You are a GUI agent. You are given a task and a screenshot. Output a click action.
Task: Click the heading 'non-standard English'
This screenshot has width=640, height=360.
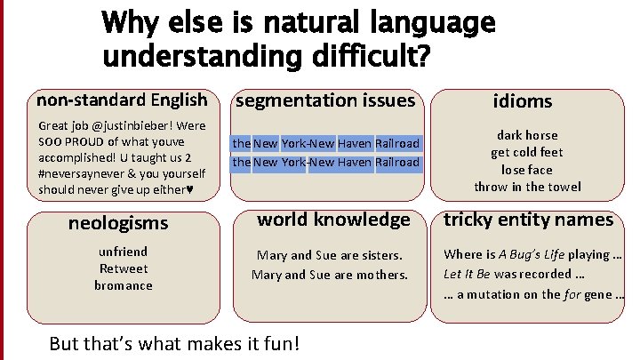coord(123,100)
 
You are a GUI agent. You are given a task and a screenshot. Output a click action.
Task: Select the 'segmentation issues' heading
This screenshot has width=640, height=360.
coord(324,100)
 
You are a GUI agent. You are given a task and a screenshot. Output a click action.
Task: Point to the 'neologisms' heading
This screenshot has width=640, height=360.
coord(118,223)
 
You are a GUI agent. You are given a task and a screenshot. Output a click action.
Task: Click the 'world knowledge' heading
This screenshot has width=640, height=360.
coord(333,219)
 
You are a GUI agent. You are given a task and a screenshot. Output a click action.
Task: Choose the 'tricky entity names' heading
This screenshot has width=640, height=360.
coord(528,219)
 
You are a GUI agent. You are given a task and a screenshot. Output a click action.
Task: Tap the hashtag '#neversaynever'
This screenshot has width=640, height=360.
coord(80,173)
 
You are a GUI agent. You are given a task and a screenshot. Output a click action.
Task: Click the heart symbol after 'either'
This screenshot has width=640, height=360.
coord(189,189)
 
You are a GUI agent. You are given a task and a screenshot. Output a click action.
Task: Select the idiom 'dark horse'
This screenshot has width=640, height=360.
coord(527,135)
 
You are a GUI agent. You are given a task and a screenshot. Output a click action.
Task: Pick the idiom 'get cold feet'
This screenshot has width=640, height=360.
coord(527,152)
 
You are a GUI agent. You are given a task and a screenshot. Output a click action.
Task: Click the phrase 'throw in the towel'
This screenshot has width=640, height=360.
coord(527,187)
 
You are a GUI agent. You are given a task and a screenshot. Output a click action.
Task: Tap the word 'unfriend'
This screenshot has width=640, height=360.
coord(124,252)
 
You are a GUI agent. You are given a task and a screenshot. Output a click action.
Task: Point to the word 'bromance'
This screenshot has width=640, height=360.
coord(124,285)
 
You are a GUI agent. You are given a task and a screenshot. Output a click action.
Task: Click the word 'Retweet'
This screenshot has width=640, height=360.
coord(124,268)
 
